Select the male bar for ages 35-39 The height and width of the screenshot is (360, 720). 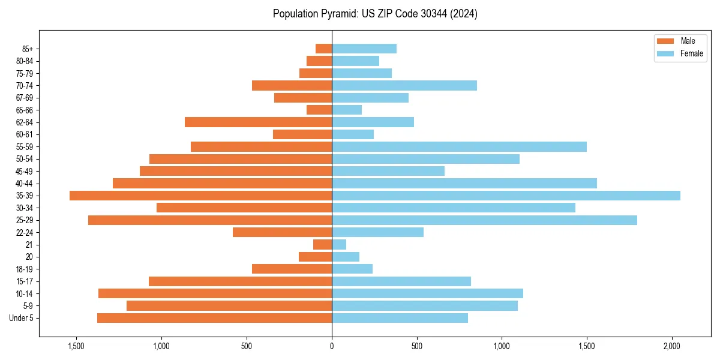[x=201, y=196]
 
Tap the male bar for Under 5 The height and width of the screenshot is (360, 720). [x=215, y=318]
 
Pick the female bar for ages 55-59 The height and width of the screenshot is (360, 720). [x=459, y=147]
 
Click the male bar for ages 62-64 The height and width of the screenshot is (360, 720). [x=259, y=122]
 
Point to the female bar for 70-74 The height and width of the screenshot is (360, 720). [x=404, y=86]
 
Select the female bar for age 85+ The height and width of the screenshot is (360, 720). [x=364, y=49]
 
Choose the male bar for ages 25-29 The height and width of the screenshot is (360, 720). [x=210, y=220]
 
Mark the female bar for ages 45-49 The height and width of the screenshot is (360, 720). [x=388, y=171]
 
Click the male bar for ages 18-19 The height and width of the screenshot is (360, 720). [x=292, y=269]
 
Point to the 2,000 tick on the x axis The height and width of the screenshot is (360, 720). [x=672, y=346]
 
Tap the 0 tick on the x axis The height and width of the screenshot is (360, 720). [x=332, y=346]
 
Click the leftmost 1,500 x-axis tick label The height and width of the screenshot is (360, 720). [x=76, y=346]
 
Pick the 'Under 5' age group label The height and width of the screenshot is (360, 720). [x=22, y=318]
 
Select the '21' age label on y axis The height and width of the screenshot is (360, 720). [x=29, y=245]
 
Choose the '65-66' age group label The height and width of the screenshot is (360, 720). [x=25, y=110]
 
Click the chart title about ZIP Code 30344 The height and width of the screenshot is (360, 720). [x=375, y=14]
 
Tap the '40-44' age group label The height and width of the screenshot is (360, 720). [x=25, y=184]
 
